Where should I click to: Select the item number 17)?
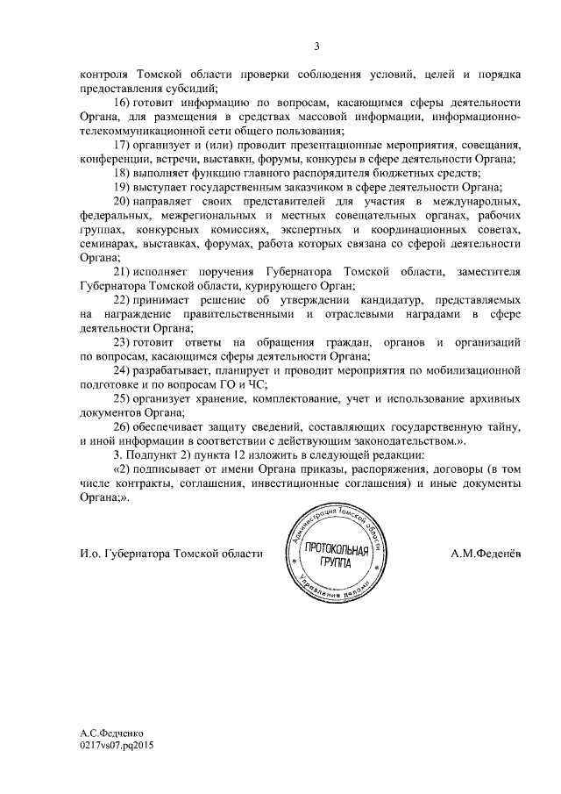pos(124,144)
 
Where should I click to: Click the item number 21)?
pos(124,271)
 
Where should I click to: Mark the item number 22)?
pos(124,300)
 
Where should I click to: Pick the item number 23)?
pos(124,341)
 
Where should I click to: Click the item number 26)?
pos(124,426)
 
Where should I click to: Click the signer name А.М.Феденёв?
pos(485,553)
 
